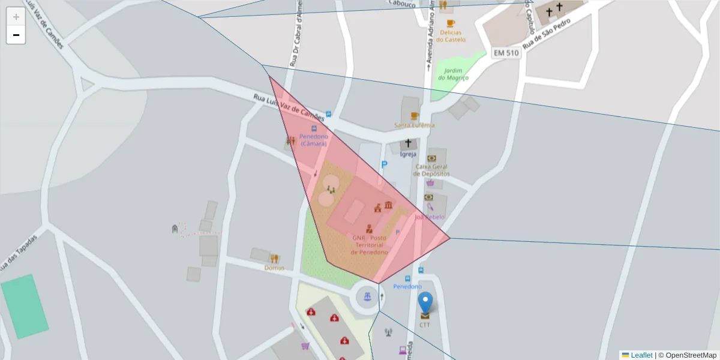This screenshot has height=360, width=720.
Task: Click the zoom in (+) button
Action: (x=16, y=17)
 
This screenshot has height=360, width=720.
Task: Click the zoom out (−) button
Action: (x=16, y=35)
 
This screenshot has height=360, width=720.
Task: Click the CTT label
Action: (x=425, y=325)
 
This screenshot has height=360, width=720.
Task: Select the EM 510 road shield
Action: (x=506, y=53)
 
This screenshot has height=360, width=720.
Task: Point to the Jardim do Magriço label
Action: (x=453, y=74)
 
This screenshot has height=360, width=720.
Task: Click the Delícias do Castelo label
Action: (x=451, y=35)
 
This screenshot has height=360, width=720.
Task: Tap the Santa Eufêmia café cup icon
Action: (x=414, y=116)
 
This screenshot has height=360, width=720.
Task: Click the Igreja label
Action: (x=408, y=154)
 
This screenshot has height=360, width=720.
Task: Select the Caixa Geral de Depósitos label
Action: (x=431, y=170)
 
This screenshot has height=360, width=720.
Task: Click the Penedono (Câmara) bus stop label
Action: (x=313, y=140)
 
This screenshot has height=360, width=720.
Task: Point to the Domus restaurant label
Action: (x=274, y=268)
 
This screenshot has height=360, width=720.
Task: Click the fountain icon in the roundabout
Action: (x=367, y=295)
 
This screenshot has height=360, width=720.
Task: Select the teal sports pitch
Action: (x=24, y=306)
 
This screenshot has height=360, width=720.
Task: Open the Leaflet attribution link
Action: (x=641, y=355)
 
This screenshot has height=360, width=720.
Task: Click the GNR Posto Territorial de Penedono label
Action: (x=369, y=245)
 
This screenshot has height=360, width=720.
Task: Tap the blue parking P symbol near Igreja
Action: (x=384, y=164)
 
